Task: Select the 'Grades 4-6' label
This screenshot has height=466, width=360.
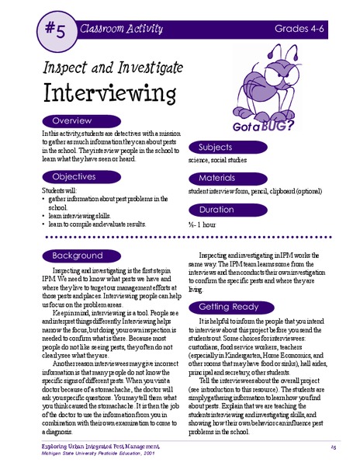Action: point(306,29)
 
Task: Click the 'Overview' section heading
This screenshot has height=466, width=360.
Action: point(71,122)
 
